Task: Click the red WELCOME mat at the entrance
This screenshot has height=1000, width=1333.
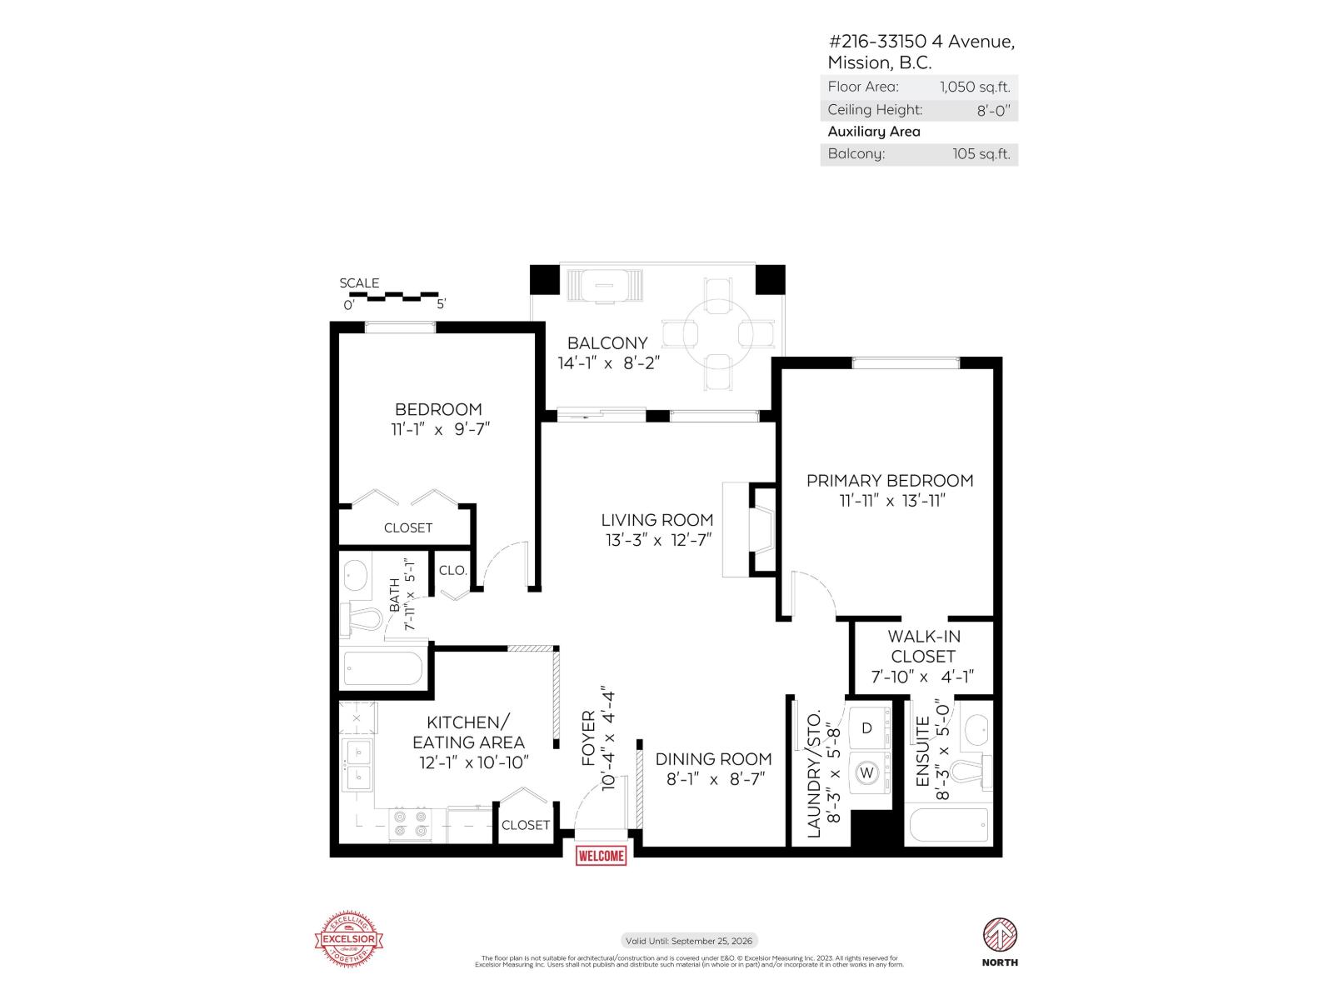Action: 601,856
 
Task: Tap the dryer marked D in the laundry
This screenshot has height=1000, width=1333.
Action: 867,728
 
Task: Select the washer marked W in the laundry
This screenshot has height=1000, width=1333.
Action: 867,773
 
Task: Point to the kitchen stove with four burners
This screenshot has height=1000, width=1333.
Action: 411,824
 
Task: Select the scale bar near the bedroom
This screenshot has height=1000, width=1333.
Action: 390,295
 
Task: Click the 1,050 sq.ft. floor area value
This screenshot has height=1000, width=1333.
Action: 974,87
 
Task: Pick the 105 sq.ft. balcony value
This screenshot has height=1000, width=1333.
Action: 981,154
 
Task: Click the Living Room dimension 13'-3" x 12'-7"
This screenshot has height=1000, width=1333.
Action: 657,540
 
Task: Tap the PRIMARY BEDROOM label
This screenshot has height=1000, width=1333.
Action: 890,481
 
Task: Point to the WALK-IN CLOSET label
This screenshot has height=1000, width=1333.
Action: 922,647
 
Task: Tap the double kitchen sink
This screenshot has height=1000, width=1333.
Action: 360,765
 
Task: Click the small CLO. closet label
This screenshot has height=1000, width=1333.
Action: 452,571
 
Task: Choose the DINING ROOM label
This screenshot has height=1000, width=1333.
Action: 713,759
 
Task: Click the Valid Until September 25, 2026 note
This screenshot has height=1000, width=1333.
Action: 689,941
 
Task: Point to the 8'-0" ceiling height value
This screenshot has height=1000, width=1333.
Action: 992,110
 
